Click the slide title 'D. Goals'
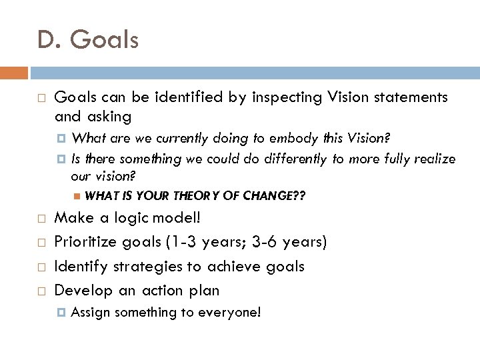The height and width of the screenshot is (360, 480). point(88,40)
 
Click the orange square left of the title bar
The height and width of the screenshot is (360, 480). point(14,72)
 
